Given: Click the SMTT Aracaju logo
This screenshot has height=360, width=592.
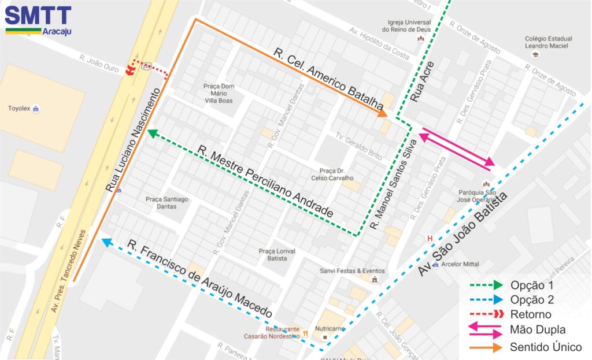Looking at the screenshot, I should pos(38,20).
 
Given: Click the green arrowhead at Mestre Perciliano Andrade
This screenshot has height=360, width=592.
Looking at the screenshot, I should pos(153,133).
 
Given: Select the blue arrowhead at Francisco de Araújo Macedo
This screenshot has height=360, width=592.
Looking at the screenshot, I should pos(105,242).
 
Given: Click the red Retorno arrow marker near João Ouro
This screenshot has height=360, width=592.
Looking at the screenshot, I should pos(131,70).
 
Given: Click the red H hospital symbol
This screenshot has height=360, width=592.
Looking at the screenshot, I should pos(429,238).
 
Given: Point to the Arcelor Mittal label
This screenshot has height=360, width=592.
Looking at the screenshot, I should pos(460,264).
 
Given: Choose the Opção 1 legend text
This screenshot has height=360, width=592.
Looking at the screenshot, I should pos(532,285).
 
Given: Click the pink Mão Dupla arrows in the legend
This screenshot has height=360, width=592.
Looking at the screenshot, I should pos(481,331).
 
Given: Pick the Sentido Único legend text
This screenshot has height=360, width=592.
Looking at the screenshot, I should pos(545,347).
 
